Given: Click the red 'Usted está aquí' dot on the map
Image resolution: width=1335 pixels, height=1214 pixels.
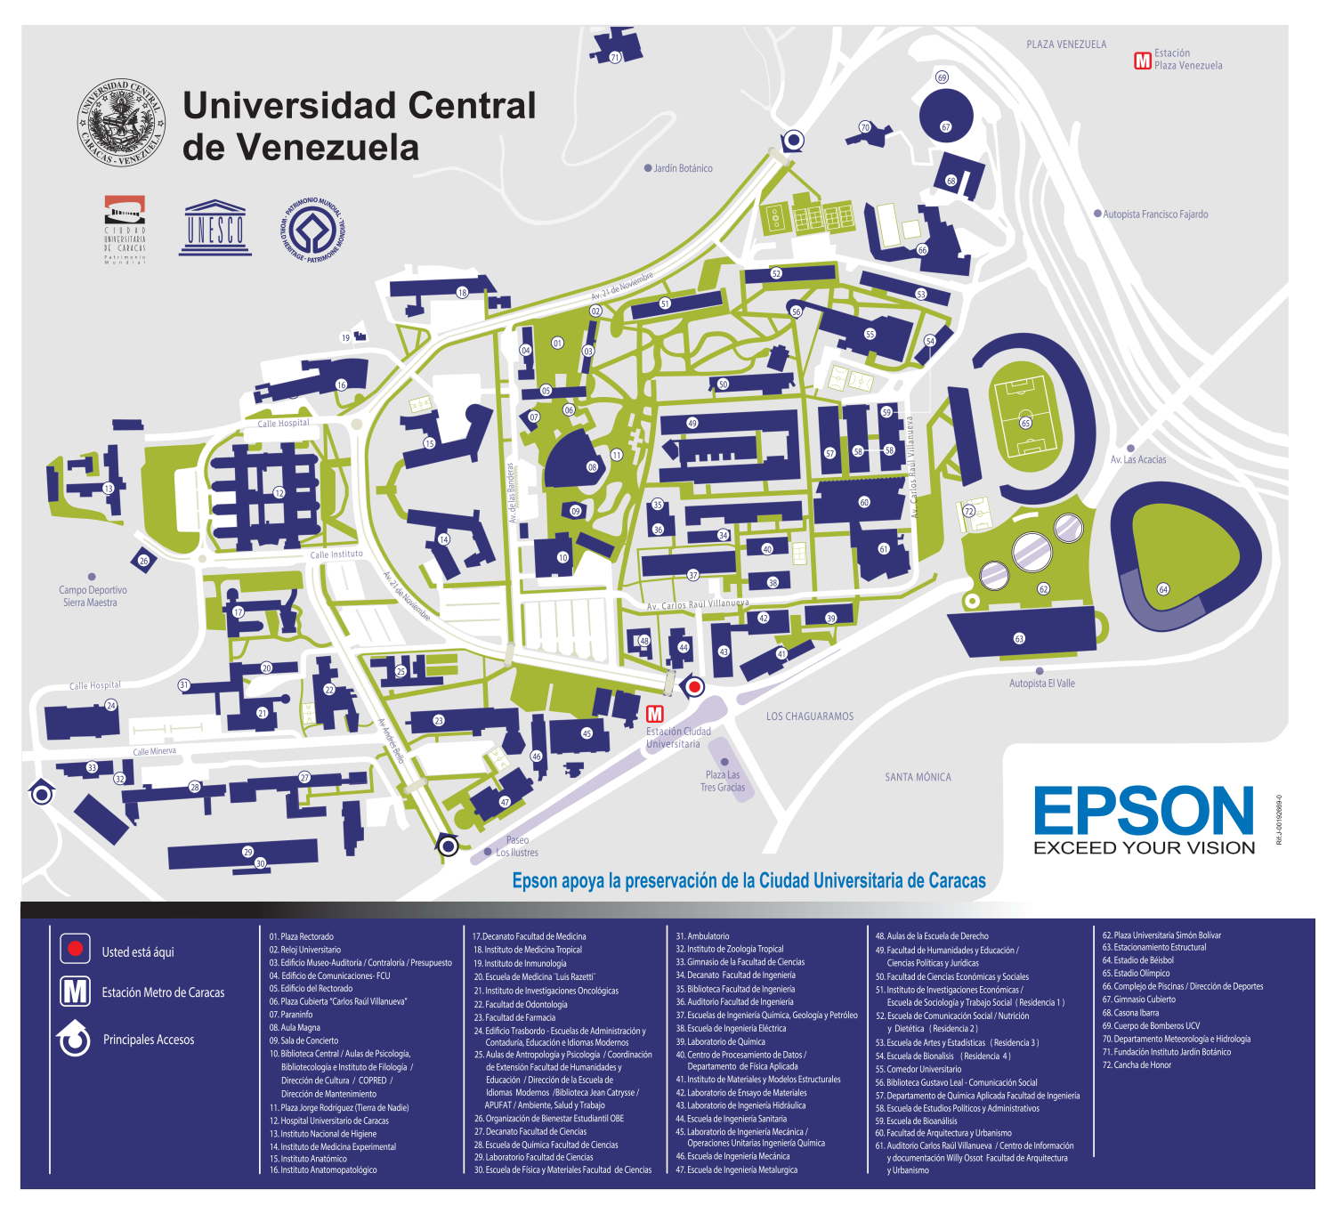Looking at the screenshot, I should [x=694, y=686].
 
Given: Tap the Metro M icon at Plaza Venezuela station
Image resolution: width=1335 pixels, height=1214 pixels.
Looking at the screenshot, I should [x=1142, y=60].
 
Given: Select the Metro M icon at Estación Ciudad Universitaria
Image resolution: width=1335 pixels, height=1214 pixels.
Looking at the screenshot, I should [x=655, y=714].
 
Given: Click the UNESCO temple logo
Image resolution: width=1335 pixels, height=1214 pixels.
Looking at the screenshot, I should [x=214, y=228].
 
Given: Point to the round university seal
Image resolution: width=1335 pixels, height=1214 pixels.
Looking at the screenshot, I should [x=121, y=122].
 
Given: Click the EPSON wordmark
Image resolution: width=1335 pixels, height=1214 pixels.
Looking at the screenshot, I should [x=1144, y=811].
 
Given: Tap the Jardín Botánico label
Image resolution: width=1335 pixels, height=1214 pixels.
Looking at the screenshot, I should [x=683, y=168].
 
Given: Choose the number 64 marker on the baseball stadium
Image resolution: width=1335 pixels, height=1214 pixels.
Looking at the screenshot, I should [x=1162, y=589].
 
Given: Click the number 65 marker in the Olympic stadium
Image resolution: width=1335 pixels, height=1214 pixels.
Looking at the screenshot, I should [x=1025, y=423].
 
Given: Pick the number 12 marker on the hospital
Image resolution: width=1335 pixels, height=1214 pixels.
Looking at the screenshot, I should [x=279, y=492].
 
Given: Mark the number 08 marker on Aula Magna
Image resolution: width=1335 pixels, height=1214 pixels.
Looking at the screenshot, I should [x=592, y=466].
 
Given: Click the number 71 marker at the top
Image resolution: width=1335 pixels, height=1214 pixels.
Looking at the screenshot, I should [x=614, y=58].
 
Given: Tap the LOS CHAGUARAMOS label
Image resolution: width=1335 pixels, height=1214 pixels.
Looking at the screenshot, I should [x=809, y=716].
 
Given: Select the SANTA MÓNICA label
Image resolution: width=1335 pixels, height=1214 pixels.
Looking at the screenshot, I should [x=918, y=777].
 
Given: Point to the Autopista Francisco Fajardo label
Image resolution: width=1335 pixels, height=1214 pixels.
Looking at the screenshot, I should [x=1155, y=214].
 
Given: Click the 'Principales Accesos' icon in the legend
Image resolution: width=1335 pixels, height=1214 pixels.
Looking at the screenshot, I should [x=75, y=1039].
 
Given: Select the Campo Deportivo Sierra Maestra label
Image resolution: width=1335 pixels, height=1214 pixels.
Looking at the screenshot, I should [x=93, y=596].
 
